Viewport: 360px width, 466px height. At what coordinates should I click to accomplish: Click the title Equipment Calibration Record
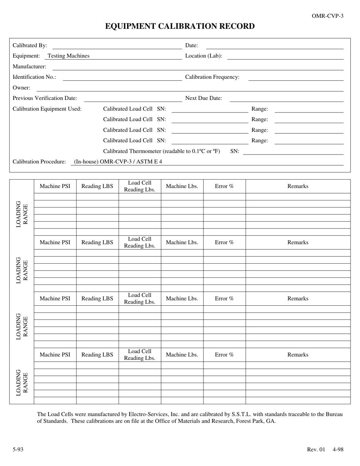(x=180, y=26)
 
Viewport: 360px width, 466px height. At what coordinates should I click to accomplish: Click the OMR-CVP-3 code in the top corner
(x=327, y=16)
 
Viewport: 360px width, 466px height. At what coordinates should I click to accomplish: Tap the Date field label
(x=191, y=45)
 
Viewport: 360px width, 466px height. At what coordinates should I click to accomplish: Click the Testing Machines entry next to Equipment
(x=69, y=56)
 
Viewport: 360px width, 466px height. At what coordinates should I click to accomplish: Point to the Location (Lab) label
(x=203, y=56)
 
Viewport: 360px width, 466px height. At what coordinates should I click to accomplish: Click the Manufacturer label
(x=29, y=66)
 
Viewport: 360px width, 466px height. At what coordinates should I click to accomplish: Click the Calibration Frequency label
(x=212, y=77)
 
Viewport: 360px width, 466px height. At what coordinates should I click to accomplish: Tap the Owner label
(x=21, y=88)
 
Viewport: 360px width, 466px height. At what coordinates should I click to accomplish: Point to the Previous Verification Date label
(x=45, y=98)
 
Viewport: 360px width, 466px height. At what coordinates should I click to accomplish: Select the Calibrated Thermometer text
(x=161, y=151)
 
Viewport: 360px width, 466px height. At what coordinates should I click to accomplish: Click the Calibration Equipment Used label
(x=47, y=109)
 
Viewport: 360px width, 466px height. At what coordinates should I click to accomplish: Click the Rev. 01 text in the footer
(x=316, y=450)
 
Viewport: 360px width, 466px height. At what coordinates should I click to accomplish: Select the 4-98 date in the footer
(x=338, y=450)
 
